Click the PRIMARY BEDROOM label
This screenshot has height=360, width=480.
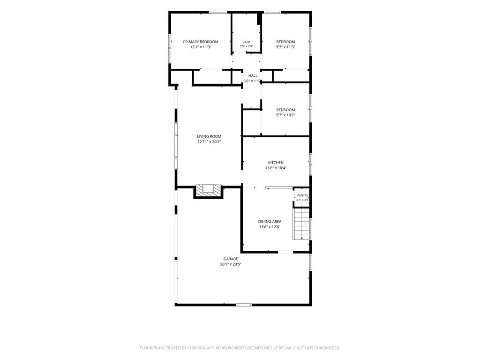pos(201,42)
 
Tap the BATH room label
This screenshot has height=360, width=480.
pos(246,42)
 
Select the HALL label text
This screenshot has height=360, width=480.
pos(253,75)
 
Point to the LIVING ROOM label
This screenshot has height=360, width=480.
pos(209,136)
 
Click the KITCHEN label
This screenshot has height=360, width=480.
pos(276,163)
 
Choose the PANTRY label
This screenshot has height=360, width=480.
pos(302,195)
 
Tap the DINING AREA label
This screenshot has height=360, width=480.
pos(270,222)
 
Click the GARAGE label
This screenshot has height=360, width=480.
pos(231,259)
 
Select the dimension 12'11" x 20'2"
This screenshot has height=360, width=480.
pos(209,142)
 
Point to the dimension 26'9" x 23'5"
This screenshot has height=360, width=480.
pos(231,264)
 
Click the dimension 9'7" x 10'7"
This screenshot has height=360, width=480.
pos(285,115)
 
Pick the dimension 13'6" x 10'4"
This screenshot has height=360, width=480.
pos(276,168)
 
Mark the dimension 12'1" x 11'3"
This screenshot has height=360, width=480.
pos(201,47)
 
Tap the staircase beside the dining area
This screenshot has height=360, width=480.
pos(301,224)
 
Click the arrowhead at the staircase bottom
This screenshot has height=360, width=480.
pos(301,238)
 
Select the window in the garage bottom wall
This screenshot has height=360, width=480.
pos(244,305)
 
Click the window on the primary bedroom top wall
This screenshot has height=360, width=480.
pos(218,12)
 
